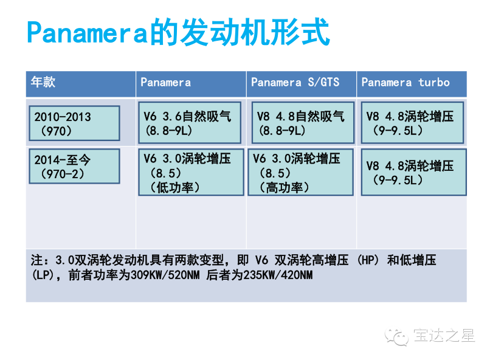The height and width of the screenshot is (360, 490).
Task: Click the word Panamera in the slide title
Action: click(87, 32)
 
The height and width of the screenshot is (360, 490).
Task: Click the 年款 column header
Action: click(43, 82)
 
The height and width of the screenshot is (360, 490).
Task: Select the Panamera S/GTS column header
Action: click(295, 82)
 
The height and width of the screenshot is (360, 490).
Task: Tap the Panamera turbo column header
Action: click(405, 82)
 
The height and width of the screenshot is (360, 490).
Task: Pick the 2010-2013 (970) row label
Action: click(74, 123)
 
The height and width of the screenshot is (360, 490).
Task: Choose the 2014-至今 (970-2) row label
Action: click(74, 166)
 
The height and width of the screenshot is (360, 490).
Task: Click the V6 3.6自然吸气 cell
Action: click(190, 122)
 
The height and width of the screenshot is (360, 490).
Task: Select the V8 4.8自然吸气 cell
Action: click(303, 122)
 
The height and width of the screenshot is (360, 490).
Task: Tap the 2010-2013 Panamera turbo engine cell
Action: click(412, 122)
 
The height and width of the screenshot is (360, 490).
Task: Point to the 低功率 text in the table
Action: click(175, 187)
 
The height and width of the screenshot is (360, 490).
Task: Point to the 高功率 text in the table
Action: click(285, 187)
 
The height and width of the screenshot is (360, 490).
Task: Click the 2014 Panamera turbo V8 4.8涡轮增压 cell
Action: click(414, 172)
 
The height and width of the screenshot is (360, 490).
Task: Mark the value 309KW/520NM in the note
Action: click(165, 275)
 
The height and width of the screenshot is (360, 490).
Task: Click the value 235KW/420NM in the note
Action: click(278, 275)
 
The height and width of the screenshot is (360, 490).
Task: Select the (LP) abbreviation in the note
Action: click(43, 275)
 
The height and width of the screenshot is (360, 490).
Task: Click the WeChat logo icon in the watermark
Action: click(397, 336)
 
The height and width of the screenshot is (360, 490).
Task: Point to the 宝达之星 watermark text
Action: click(444, 336)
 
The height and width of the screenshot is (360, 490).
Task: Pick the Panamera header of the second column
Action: click(165, 82)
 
